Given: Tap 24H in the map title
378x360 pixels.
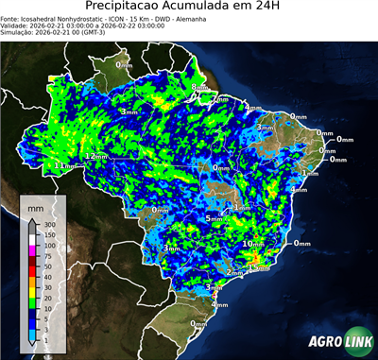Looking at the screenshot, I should [x=269, y=9].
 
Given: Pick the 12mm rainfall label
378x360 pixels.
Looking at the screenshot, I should [x=95, y=155].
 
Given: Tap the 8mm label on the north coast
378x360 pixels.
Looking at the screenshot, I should [x=198, y=88].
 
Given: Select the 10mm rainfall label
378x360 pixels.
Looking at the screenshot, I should [x=253, y=244].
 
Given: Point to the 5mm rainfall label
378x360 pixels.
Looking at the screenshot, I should [x=215, y=219].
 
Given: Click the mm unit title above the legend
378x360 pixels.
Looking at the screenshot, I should [x=35, y=206].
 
